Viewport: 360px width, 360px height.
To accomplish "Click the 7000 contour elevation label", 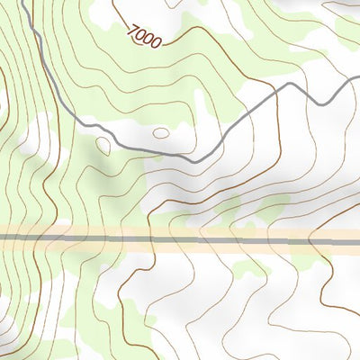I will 144,37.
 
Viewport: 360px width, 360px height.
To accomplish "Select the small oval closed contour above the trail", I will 161,132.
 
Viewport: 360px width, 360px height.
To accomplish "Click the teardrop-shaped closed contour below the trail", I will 103,145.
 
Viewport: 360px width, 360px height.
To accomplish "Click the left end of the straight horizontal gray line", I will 2,239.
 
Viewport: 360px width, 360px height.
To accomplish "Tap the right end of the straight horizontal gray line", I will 358,240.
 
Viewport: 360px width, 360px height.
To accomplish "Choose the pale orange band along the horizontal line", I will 180,232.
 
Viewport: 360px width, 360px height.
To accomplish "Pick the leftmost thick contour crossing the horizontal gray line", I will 42,239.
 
